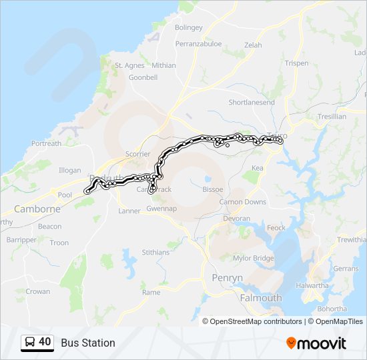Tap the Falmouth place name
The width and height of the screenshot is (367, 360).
pos(261,298)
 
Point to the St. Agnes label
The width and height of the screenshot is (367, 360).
pos(130,65)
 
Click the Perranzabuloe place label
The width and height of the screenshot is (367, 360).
pos(199,43)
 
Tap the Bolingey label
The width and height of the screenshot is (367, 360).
pos(188,28)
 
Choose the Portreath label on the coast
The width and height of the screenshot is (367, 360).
pos(46,143)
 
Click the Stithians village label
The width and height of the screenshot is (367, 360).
pos(155,253)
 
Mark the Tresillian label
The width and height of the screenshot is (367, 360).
pos(331,117)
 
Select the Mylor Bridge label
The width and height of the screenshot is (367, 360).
pos(254,258)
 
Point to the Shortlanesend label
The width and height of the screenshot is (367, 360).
pos(252,102)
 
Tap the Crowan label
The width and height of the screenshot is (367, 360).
pos(38,291)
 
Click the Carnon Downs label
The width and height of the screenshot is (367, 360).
pos(243,202)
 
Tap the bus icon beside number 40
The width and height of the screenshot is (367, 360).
pos(30,342)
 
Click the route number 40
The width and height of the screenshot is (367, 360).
pos(45,342)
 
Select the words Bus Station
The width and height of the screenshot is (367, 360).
pos(88,343)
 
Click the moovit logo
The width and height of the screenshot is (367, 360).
pos(316,343)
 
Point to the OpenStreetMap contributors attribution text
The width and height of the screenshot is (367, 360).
pos(256,321)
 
